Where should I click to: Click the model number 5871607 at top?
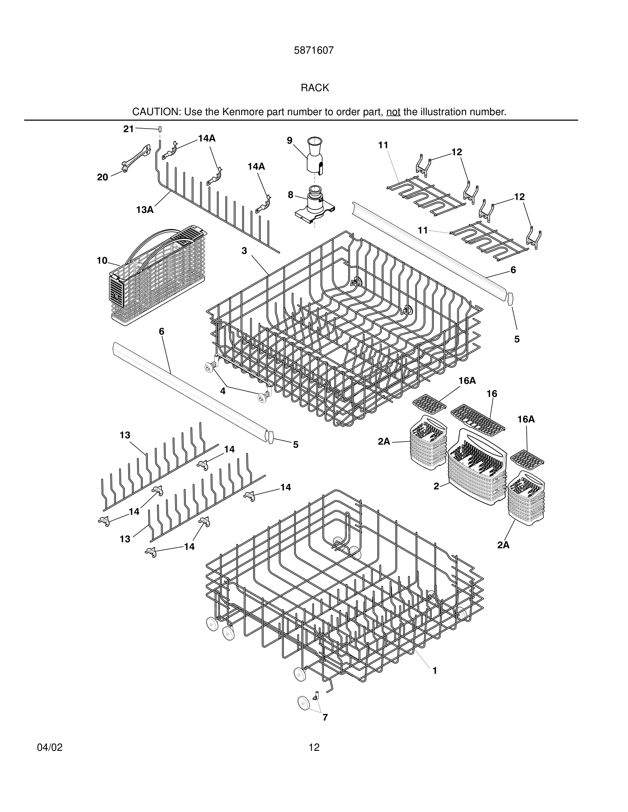point(314,51)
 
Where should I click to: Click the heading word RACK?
point(315,88)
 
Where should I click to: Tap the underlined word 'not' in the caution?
point(393,112)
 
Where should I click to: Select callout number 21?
point(128,129)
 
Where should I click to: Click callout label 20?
point(102,177)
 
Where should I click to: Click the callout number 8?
point(290,195)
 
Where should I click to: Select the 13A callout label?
point(145,210)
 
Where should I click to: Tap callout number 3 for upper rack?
point(244,251)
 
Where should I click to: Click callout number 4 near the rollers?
point(222,391)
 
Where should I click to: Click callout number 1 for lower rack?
point(434,671)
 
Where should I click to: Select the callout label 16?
point(492,394)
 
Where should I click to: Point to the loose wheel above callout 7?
point(304,703)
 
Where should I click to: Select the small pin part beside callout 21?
point(160,129)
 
